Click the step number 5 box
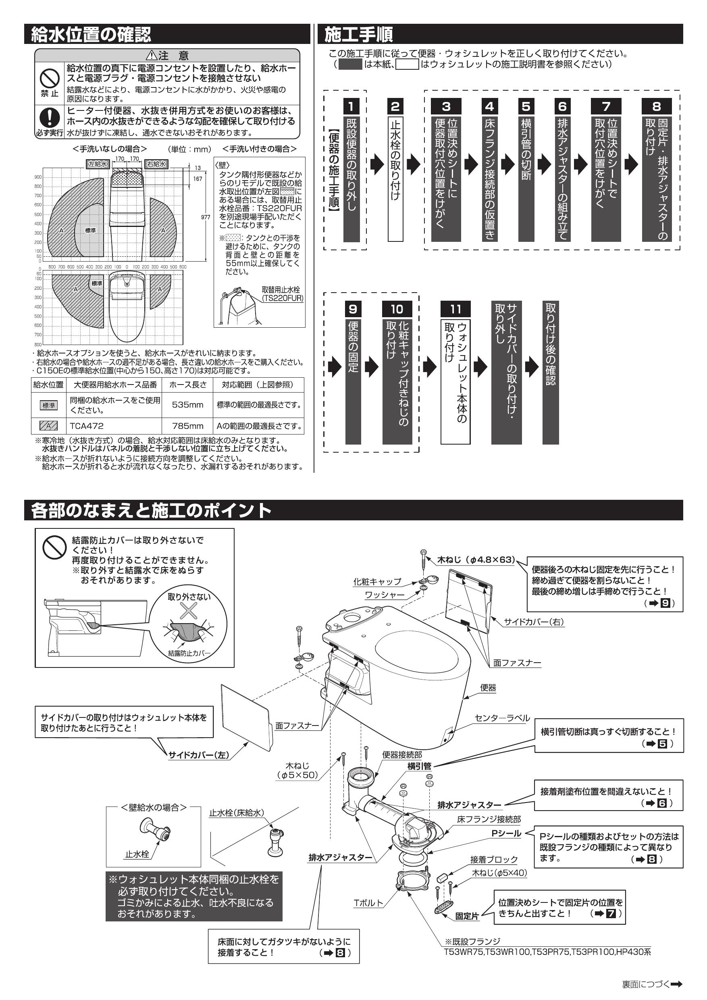(x=526, y=106)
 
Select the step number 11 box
(x=455, y=309)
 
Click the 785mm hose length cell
(x=187, y=426)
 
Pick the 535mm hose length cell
(x=187, y=405)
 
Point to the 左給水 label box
(x=97, y=164)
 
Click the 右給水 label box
(x=156, y=164)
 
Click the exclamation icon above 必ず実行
(x=49, y=116)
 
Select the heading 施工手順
(x=358, y=34)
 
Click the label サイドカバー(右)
(x=534, y=622)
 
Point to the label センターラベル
(x=502, y=718)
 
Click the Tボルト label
(x=368, y=903)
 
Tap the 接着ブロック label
(x=493, y=859)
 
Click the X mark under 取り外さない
(x=189, y=610)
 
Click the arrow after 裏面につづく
(x=676, y=984)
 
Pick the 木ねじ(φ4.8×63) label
(x=476, y=560)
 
